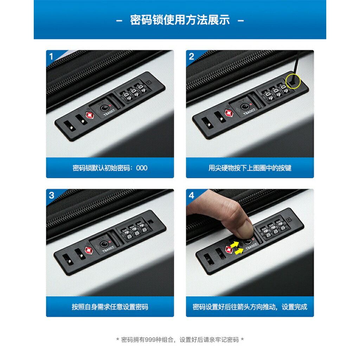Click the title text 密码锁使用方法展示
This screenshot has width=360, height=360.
[x=180, y=20]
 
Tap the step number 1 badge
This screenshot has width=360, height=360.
[x=51, y=56]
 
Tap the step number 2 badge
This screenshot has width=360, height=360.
[x=191, y=56]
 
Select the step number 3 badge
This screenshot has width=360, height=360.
[x=51, y=195]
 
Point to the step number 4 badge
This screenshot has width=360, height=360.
[x=191, y=195]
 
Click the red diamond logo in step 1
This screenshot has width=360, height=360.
[x=90, y=115]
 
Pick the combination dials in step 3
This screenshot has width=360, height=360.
[x=134, y=231]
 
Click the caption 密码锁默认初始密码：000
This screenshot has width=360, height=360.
[x=110, y=168]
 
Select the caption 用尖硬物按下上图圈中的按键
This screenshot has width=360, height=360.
[x=250, y=168]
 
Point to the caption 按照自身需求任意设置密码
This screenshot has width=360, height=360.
[x=110, y=307]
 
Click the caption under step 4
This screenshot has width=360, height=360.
[x=250, y=307]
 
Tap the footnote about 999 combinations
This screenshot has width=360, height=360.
[x=180, y=340]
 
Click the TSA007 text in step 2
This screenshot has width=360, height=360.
[x=249, y=111]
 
